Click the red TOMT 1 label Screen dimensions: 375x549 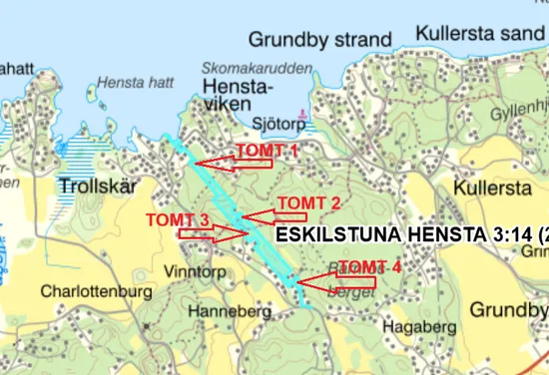coord(267,150)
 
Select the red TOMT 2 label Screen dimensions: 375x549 coord(309,202)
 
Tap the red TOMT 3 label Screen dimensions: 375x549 coord(178,219)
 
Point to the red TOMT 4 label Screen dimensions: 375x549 coord(369,266)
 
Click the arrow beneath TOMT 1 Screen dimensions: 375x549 coord(234,163)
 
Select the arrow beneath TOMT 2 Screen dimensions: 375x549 coord(275,215)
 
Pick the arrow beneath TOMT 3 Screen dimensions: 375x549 coord(214,233)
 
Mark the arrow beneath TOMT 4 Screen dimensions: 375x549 coord(336,282)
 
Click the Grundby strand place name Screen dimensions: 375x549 coord(319,40)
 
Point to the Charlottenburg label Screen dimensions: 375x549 coord(96,292)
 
